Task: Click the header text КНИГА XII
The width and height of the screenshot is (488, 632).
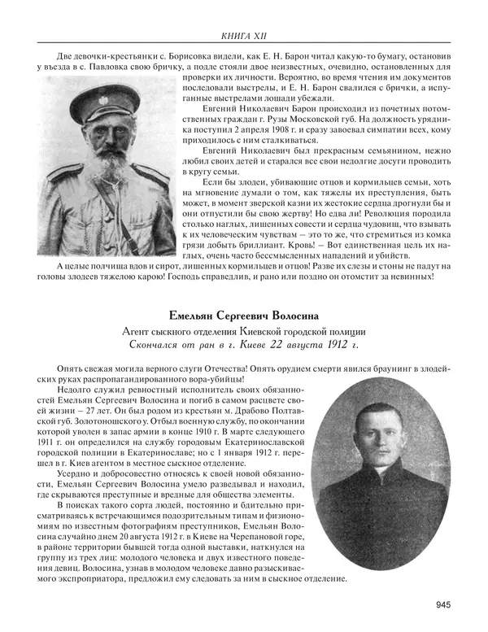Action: click(x=244, y=35)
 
